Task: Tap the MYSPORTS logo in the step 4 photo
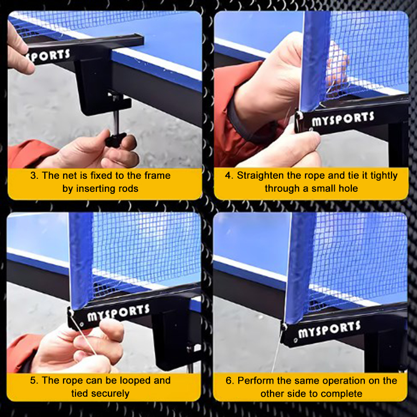click(x=343, y=119)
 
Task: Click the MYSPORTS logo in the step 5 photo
click(x=118, y=313)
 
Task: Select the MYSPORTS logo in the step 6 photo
click(x=329, y=330)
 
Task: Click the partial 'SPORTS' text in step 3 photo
click(x=50, y=56)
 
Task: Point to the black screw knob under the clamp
click(x=115, y=139)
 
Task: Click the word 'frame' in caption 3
click(x=157, y=176)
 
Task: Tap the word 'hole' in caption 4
click(x=348, y=189)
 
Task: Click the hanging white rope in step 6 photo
click(x=278, y=350)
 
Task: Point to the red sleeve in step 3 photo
click(x=29, y=154)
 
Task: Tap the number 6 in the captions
click(x=229, y=381)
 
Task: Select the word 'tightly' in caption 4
click(x=384, y=176)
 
